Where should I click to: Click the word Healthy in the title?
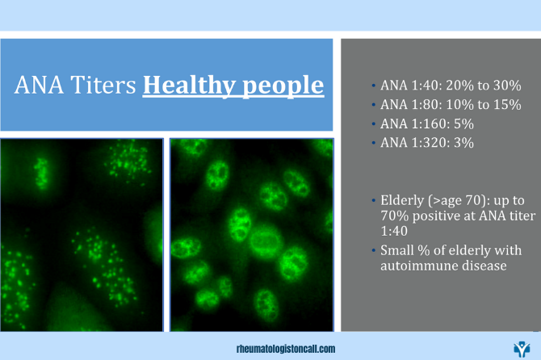click(x=190, y=86)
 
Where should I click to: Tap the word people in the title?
click(x=283, y=86)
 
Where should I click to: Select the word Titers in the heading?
click(x=103, y=85)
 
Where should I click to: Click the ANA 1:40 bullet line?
click(x=451, y=86)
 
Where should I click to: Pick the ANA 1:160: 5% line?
click(x=427, y=123)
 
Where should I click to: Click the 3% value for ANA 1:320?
click(x=463, y=143)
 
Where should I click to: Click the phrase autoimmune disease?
click(x=443, y=266)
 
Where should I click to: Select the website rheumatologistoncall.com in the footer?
click(x=286, y=349)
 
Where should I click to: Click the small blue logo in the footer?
click(x=522, y=350)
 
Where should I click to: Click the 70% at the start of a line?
click(x=394, y=216)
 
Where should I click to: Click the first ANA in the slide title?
click(x=39, y=85)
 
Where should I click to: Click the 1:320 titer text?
click(x=430, y=143)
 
